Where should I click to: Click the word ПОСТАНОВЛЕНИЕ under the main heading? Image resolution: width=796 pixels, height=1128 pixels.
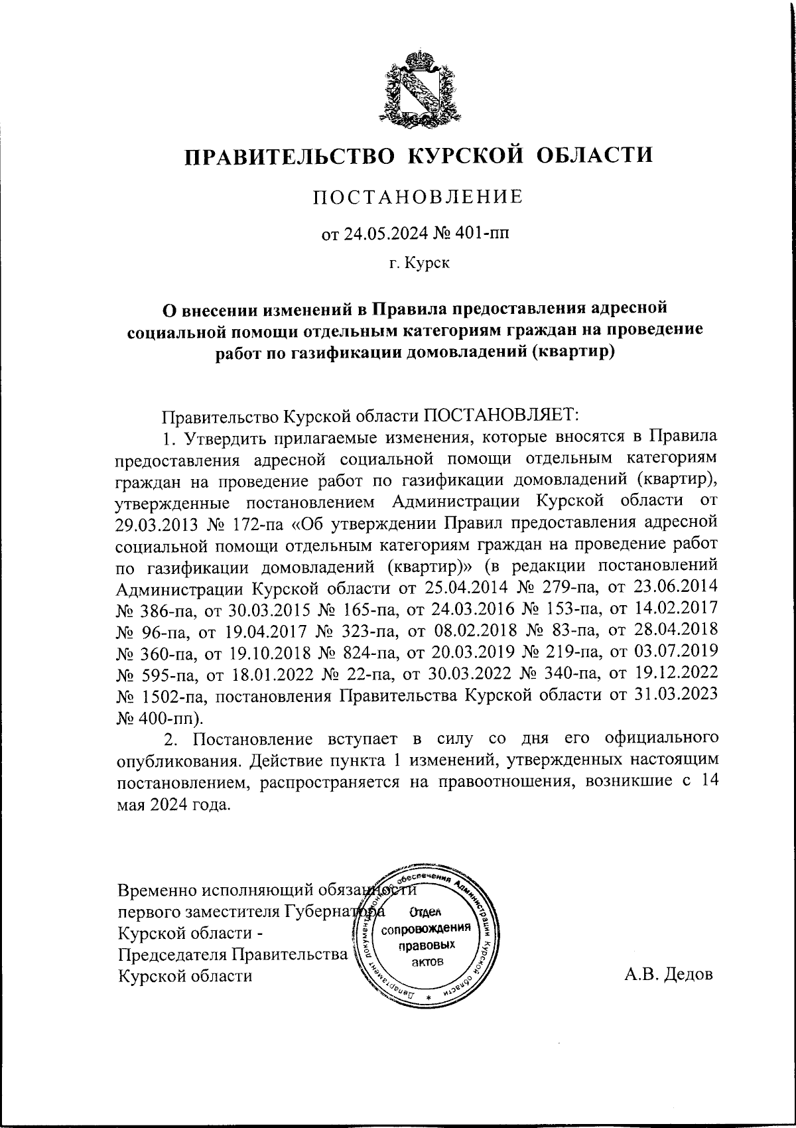pyautogui.click(x=417, y=196)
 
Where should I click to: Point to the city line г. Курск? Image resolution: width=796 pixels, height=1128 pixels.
pyautogui.click(x=419, y=264)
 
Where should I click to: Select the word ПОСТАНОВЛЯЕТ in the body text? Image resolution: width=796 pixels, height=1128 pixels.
pyautogui.click(x=501, y=416)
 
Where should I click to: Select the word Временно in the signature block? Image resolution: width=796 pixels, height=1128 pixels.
pyautogui.click(x=156, y=890)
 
